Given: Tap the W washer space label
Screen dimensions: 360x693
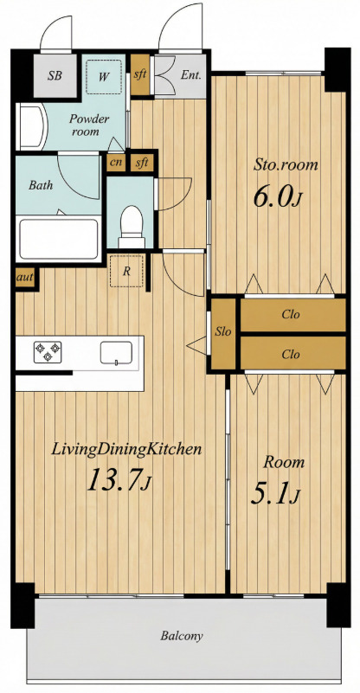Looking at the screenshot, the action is pyautogui.click(x=104, y=77).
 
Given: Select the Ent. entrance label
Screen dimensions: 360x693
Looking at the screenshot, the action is pyautogui.click(x=191, y=74).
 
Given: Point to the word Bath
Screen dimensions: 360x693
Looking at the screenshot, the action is pyautogui.click(x=41, y=185).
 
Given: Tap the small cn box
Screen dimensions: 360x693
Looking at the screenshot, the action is pyautogui.click(x=116, y=163).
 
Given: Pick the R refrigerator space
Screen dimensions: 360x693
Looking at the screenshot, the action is pyautogui.click(x=127, y=271).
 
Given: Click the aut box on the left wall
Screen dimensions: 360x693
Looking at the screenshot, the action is pyautogui.click(x=25, y=278).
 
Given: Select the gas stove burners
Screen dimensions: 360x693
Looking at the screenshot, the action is pyautogui.click(x=48, y=351).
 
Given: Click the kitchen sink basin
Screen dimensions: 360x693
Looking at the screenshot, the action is pyautogui.click(x=116, y=352).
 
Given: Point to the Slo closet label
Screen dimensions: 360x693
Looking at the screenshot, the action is pyautogui.click(x=223, y=332).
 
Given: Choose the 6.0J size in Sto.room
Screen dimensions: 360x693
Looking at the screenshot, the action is pyautogui.click(x=277, y=196).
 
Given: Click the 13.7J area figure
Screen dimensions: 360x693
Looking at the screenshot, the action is pyautogui.click(x=119, y=480).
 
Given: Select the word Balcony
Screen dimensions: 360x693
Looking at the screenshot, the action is pyautogui.click(x=182, y=636).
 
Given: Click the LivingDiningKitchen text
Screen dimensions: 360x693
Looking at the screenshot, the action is pyautogui.click(x=127, y=450).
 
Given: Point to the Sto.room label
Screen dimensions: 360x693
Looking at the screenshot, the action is pyautogui.click(x=286, y=165).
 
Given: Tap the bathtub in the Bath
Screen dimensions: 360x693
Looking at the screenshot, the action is pyautogui.click(x=58, y=240).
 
